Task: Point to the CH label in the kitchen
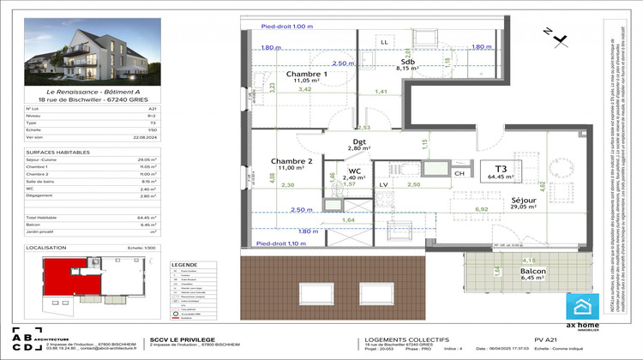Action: pyautogui.click(x=459, y=198)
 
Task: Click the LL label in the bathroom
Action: pyautogui.click(x=384, y=41)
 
